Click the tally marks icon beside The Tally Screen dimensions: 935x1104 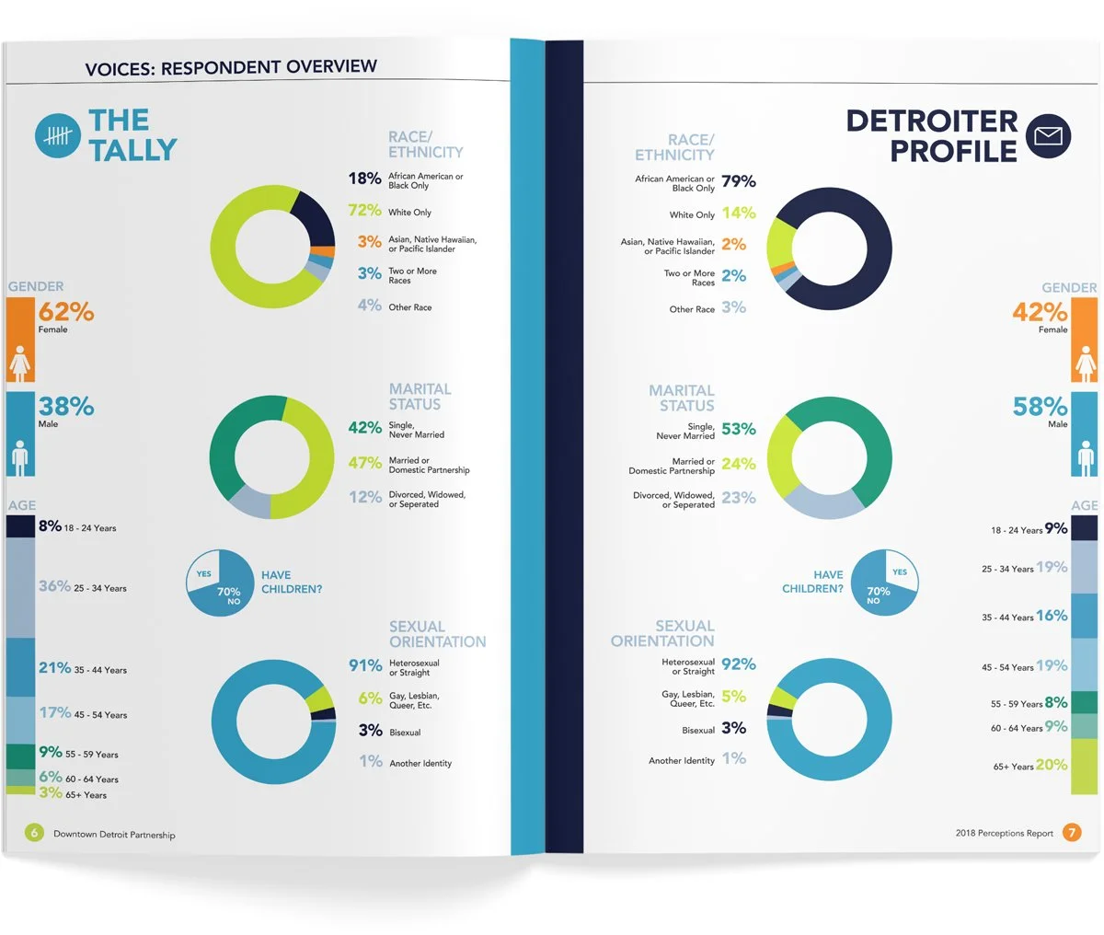click(x=58, y=136)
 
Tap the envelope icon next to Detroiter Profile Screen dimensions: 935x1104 click(x=1048, y=136)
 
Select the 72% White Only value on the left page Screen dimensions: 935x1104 click(x=364, y=211)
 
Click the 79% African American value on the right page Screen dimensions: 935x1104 click(x=739, y=181)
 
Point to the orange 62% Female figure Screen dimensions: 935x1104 click(x=66, y=312)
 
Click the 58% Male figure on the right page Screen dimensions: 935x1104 click(x=1040, y=407)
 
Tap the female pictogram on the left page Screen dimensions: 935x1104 click(x=20, y=364)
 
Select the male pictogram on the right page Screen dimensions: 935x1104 click(x=1085, y=456)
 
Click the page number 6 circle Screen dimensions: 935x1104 click(x=34, y=833)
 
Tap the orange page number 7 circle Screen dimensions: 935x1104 click(x=1072, y=833)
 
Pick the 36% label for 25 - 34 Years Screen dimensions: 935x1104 click(x=54, y=586)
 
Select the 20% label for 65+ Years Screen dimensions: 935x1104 click(x=1052, y=765)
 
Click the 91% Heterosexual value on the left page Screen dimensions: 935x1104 click(x=365, y=665)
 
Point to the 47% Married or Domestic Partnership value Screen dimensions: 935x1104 click(x=365, y=463)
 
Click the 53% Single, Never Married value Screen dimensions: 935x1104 click(x=739, y=429)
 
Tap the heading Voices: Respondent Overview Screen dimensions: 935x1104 click(x=231, y=67)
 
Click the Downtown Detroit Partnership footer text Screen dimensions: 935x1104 click(x=114, y=835)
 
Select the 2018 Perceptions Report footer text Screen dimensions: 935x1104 click(x=1004, y=834)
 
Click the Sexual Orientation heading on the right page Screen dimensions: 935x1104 click(x=662, y=633)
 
